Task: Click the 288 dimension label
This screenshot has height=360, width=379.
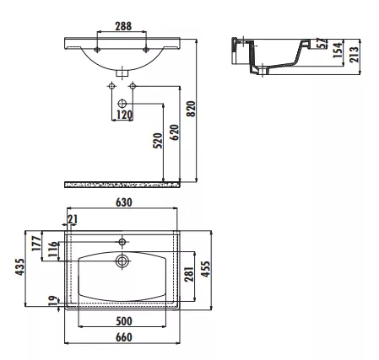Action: point(123,26)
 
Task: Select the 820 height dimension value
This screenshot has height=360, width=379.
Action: point(191,109)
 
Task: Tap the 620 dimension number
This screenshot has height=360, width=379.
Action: point(175,132)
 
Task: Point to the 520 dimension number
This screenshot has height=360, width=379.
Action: point(158,141)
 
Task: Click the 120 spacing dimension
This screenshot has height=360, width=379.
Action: point(124,115)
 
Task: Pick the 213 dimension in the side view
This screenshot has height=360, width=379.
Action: point(355,54)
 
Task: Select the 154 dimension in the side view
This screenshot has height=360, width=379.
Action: point(338,50)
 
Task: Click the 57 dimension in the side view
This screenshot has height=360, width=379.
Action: point(323,43)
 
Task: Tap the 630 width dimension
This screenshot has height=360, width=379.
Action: point(124,202)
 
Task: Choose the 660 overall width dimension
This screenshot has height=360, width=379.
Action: point(124,337)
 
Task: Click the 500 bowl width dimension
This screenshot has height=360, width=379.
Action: point(124,321)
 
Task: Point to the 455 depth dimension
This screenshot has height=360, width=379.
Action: point(206,269)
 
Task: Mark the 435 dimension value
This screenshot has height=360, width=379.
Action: point(20,267)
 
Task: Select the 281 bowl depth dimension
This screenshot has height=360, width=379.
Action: point(189,274)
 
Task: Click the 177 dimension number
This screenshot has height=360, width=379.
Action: point(36,244)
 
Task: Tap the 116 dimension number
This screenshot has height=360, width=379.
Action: point(53,249)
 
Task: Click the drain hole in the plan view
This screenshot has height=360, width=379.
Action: point(122,261)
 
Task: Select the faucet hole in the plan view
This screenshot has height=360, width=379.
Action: point(122,242)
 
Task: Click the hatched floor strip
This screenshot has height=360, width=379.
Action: point(122,185)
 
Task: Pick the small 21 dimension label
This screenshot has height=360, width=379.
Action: point(73,219)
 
